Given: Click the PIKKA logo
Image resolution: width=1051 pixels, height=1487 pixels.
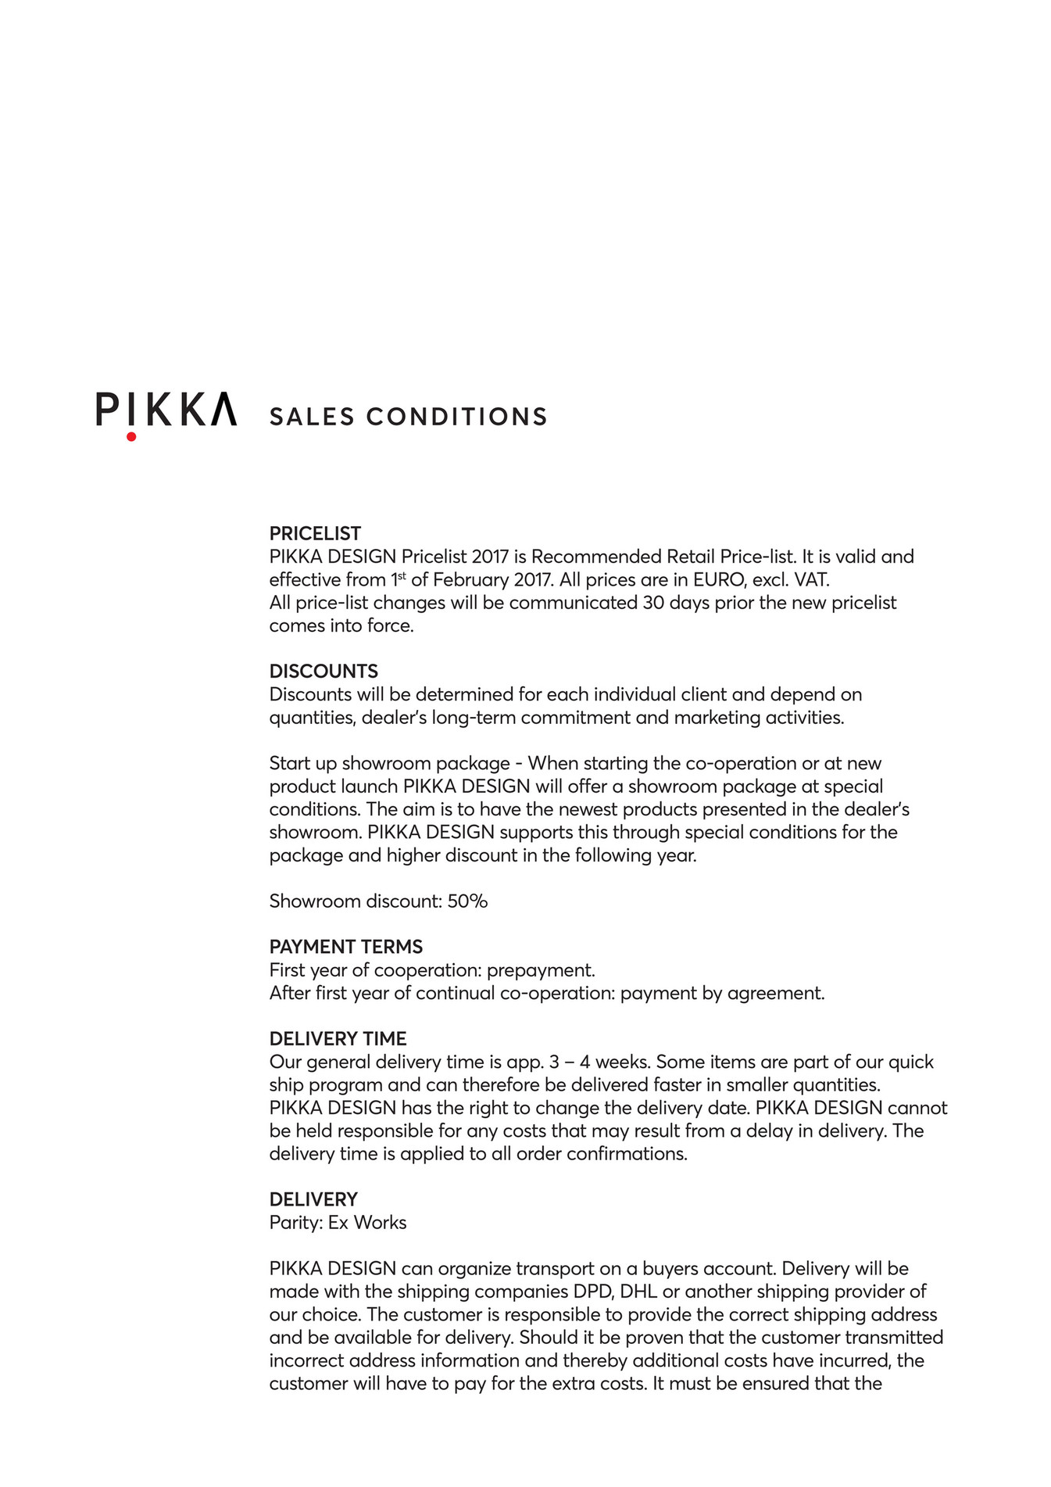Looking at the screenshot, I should (166, 410).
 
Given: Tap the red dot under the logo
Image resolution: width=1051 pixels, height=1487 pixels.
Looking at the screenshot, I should (131, 437).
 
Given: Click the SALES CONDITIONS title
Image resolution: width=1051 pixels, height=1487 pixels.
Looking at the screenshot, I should (408, 417).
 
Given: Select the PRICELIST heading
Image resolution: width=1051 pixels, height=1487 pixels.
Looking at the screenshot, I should (315, 534).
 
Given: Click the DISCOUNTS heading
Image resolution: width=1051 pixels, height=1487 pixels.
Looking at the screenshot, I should (324, 672).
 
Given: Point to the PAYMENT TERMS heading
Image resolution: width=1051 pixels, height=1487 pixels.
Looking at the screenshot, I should (345, 947).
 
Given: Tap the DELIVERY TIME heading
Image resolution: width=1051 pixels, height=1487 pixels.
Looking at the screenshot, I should (338, 1039).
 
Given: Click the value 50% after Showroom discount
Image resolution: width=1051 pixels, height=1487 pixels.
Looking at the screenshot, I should (467, 901).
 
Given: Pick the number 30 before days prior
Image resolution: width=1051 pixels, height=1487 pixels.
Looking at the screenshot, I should (653, 603).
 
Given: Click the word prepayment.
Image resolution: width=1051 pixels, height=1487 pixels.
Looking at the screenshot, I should (541, 970).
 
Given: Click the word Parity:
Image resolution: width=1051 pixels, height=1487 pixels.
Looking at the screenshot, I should (296, 1223).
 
